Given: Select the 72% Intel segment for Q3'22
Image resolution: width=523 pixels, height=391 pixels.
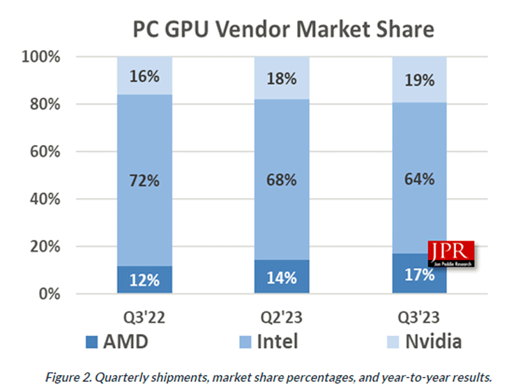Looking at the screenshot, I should click(144, 180).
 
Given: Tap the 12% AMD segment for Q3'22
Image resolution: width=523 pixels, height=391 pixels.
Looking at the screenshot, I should click(144, 280).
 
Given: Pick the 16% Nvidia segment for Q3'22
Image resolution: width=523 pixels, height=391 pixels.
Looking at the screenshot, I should click(144, 76).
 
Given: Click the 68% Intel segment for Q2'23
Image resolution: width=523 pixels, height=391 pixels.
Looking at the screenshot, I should click(282, 180).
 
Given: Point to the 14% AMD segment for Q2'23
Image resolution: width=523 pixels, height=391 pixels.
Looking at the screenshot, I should click(282, 277).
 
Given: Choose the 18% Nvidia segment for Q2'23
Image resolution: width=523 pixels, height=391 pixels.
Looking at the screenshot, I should click(282, 78).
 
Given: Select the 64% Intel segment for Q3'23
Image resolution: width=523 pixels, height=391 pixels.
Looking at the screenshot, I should click(419, 178).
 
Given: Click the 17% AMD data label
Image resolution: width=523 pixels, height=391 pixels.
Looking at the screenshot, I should click(419, 274).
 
